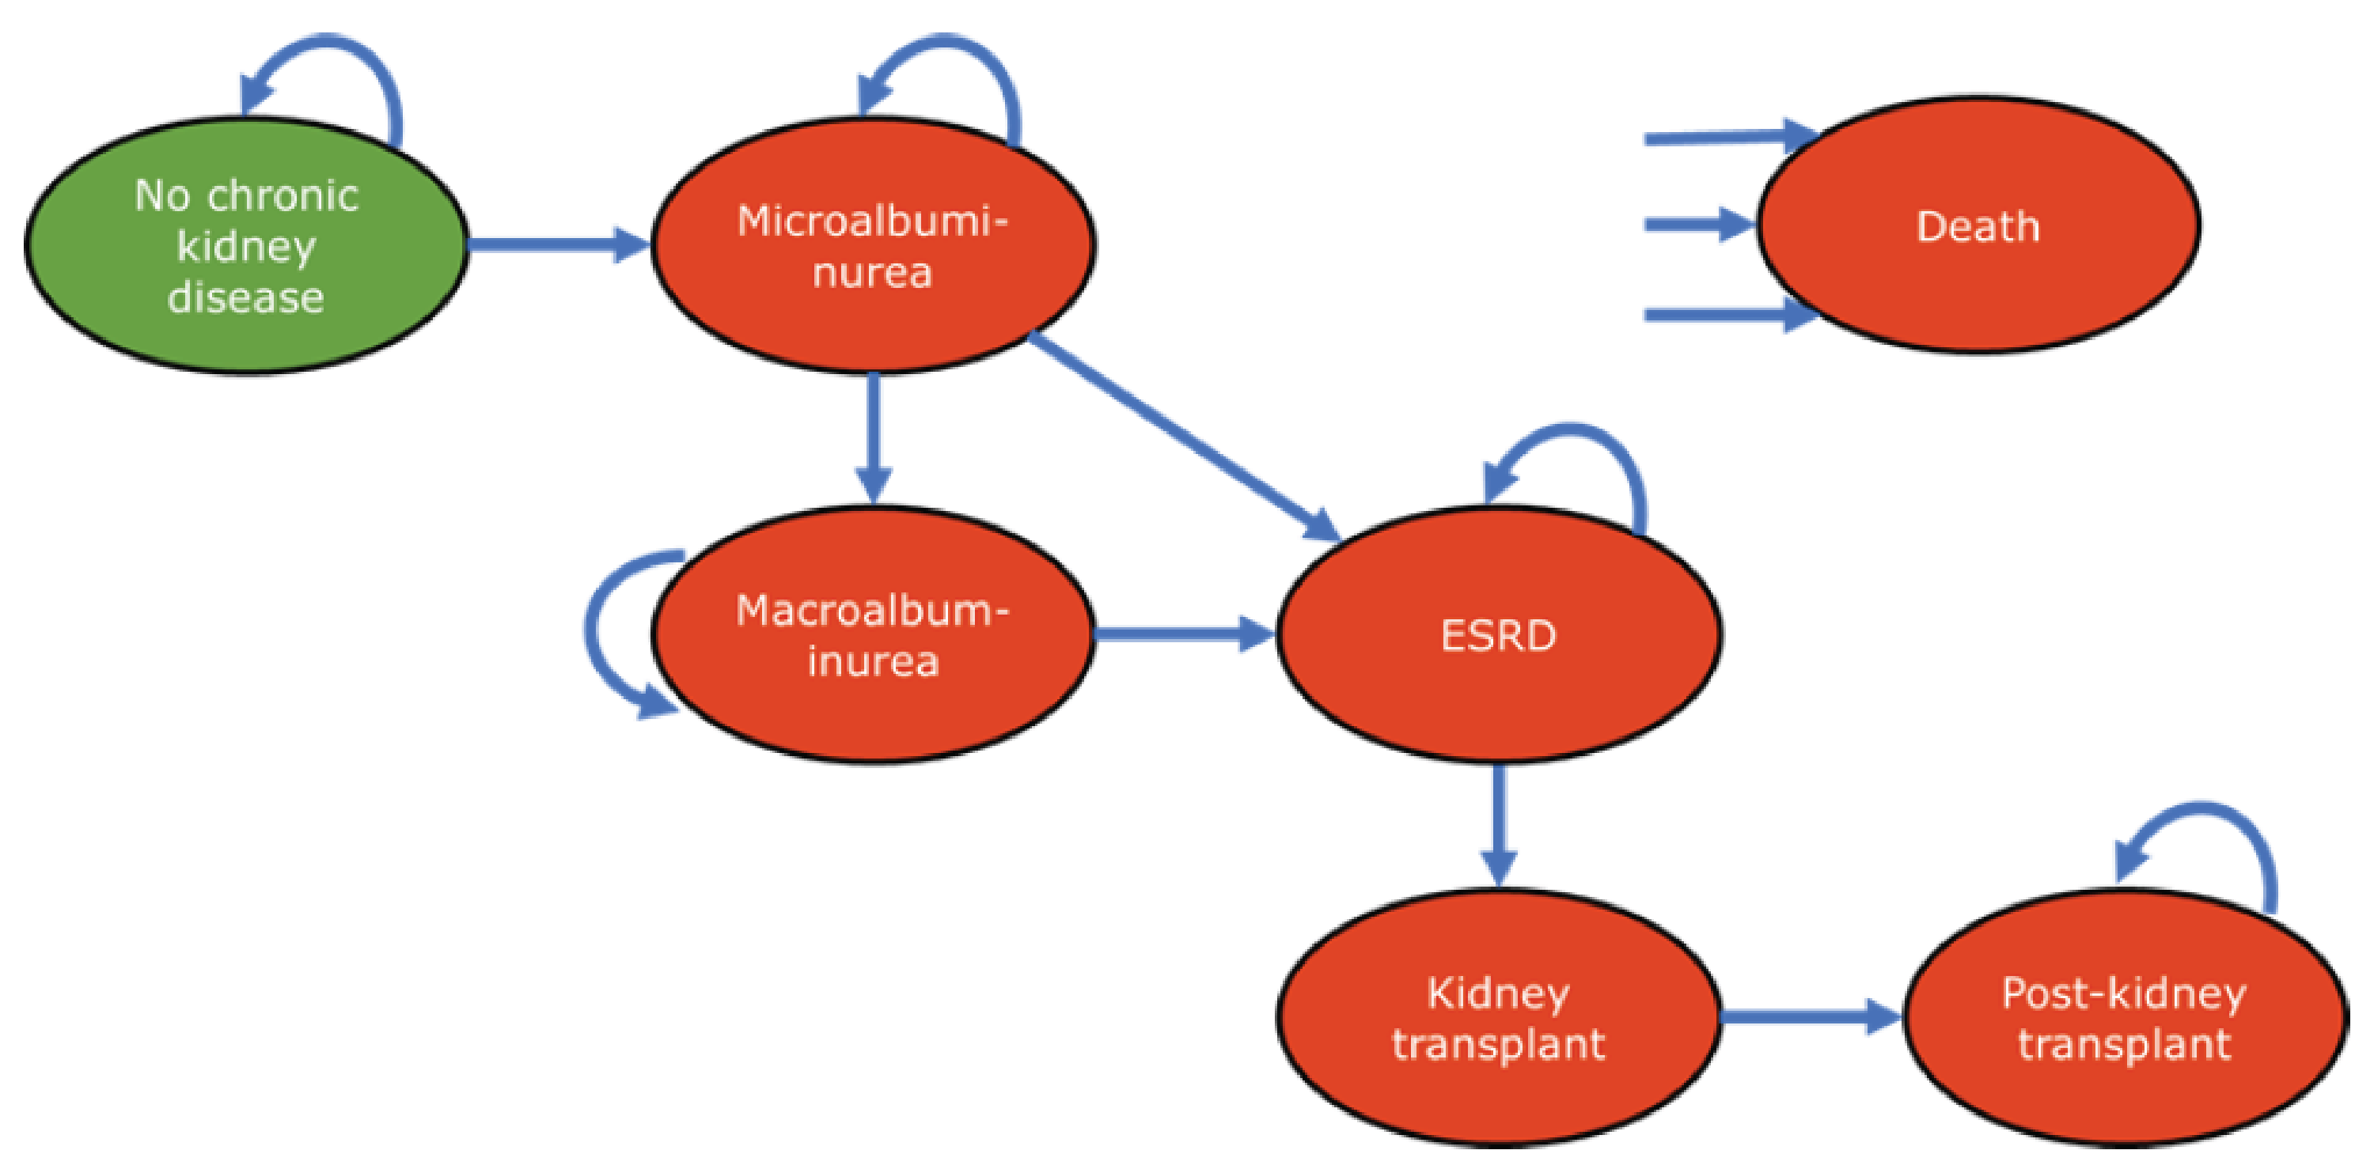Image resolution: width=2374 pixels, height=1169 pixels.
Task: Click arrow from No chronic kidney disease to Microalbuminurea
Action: tap(553, 244)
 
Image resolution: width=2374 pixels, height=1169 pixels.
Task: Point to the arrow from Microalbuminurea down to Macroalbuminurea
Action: tap(873, 433)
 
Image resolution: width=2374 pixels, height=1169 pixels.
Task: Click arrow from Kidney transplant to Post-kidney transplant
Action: tap(1807, 1017)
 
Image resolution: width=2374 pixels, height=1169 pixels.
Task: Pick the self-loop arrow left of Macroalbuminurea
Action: tap(594, 636)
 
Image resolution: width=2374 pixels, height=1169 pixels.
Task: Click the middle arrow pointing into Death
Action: tap(1696, 224)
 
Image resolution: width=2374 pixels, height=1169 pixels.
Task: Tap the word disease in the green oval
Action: tap(246, 297)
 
